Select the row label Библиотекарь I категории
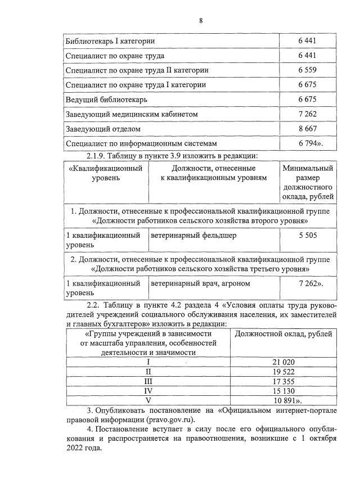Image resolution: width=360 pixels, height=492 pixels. pyautogui.click(x=110, y=41)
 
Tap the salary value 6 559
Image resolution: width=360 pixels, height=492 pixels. pyautogui.click(x=307, y=70)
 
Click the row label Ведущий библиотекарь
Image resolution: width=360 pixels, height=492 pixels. pyautogui.click(x=107, y=100)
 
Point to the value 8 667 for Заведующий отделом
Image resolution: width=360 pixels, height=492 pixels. pyautogui.click(x=307, y=129)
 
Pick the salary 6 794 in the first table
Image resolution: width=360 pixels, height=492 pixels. pyautogui.click(x=308, y=143)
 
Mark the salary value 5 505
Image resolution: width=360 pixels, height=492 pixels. pyautogui.click(x=307, y=236)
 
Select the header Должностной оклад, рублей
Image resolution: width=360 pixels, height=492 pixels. pyautogui.click(x=283, y=333)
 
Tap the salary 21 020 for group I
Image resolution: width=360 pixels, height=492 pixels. pyautogui.click(x=283, y=362)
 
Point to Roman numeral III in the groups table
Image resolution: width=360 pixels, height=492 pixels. pyautogui.click(x=148, y=381)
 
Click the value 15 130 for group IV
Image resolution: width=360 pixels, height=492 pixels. pyautogui.click(x=283, y=391)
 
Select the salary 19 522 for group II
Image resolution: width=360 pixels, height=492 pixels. pyautogui.click(x=283, y=372)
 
